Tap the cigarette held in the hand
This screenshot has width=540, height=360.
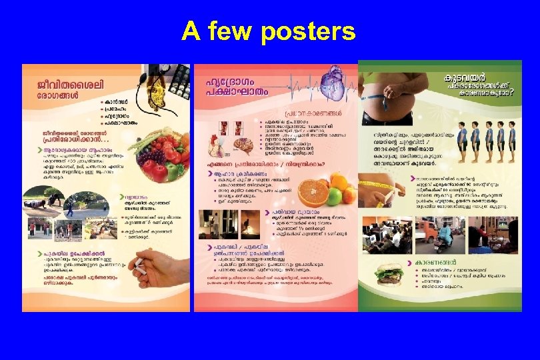click(142, 265)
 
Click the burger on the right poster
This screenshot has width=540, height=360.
click(389, 274)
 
